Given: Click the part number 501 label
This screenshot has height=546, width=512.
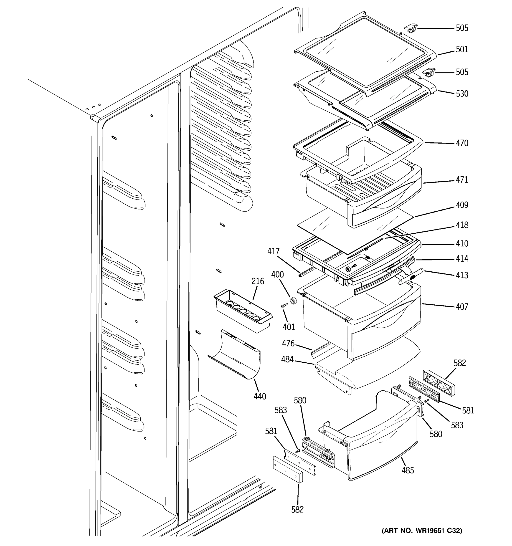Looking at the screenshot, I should click(x=462, y=49).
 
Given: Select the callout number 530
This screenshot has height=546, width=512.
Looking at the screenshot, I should click(x=462, y=94).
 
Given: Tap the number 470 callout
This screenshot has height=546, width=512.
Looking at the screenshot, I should click(x=462, y=143).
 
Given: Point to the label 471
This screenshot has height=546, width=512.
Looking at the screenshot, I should click(x=462, y=180).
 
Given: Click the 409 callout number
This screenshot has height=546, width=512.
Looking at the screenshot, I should click(x=462, y=205).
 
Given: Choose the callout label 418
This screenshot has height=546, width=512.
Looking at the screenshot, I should click(x=462, y=225).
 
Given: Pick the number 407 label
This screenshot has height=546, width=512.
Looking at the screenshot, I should click(x=462, y=306).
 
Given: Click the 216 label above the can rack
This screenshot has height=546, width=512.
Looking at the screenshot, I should click(x=258, y=281).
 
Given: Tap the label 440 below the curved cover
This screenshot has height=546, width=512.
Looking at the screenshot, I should click(x=260, y=396).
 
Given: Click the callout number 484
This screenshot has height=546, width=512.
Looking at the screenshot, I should click(x=287, y=359).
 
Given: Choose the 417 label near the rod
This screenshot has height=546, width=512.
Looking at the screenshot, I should click(x=273, y=251).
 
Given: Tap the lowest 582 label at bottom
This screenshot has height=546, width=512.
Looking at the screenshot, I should click(x=297, y=509).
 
